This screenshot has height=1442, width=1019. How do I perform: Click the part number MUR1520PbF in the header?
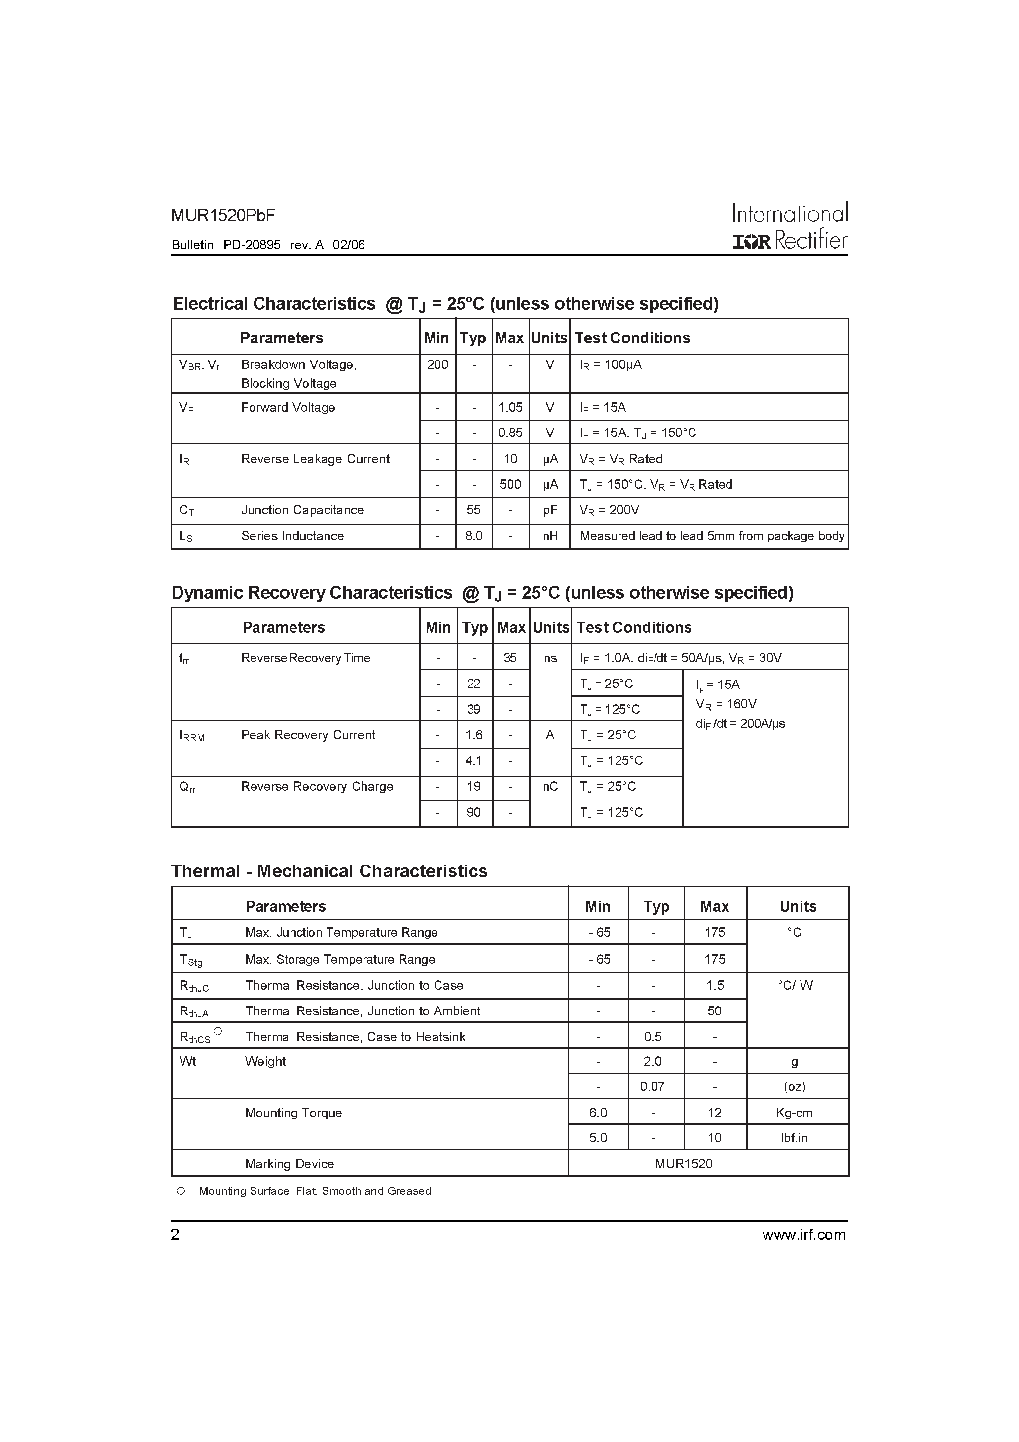[222, 216]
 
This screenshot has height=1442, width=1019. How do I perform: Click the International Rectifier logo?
[790, 227]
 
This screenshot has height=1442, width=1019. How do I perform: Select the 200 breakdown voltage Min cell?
[437, 365]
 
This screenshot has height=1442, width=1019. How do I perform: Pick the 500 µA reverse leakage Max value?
[510, 484]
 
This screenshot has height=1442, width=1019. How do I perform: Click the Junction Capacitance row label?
[302, 510]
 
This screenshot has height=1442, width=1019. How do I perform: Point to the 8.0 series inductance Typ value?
[473, 536]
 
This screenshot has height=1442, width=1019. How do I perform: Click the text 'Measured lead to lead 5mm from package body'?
[712, 536]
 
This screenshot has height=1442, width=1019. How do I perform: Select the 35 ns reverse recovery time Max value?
[510, 657]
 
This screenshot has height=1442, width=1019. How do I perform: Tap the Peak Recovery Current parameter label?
[308, 735]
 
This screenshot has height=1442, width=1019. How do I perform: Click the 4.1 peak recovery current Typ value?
[473, 760]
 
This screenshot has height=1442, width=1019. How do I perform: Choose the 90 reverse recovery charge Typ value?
[473, 812]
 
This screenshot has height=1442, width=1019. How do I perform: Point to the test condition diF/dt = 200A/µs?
[740, 723]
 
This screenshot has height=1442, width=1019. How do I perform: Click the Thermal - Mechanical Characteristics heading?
[329, 871]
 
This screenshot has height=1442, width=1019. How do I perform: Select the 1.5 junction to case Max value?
[715, 985]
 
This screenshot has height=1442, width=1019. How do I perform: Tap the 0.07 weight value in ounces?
[652, 1086]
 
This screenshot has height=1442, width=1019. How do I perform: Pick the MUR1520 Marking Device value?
[684, 1164]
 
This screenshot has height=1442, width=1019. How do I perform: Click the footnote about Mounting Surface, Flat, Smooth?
[314, 1191]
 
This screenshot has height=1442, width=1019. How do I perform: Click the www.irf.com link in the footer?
[803, 1235]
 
